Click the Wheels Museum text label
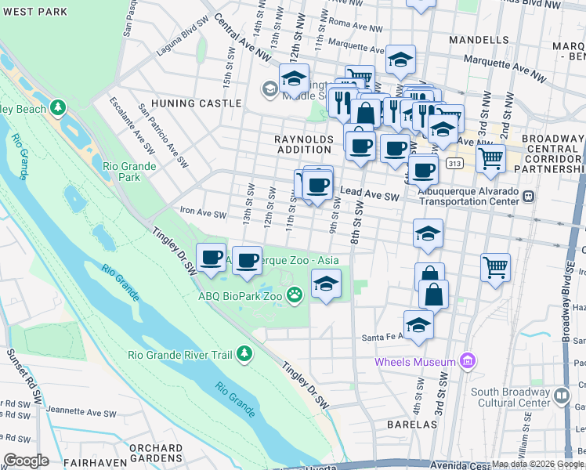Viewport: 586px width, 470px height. (x=414, y=362)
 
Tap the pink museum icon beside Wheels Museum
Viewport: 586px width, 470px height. (x=468, y=361)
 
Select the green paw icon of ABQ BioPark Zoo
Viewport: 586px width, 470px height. (x=295, y=295)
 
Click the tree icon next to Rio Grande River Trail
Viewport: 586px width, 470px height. (x=244, y=354)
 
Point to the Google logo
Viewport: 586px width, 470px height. (x=25, y=461)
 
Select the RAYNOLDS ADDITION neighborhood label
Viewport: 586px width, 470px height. (x=303, y=144)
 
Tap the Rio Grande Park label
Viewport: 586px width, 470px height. (x=129, y=171)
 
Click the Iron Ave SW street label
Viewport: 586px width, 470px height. (x=203, y=213)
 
